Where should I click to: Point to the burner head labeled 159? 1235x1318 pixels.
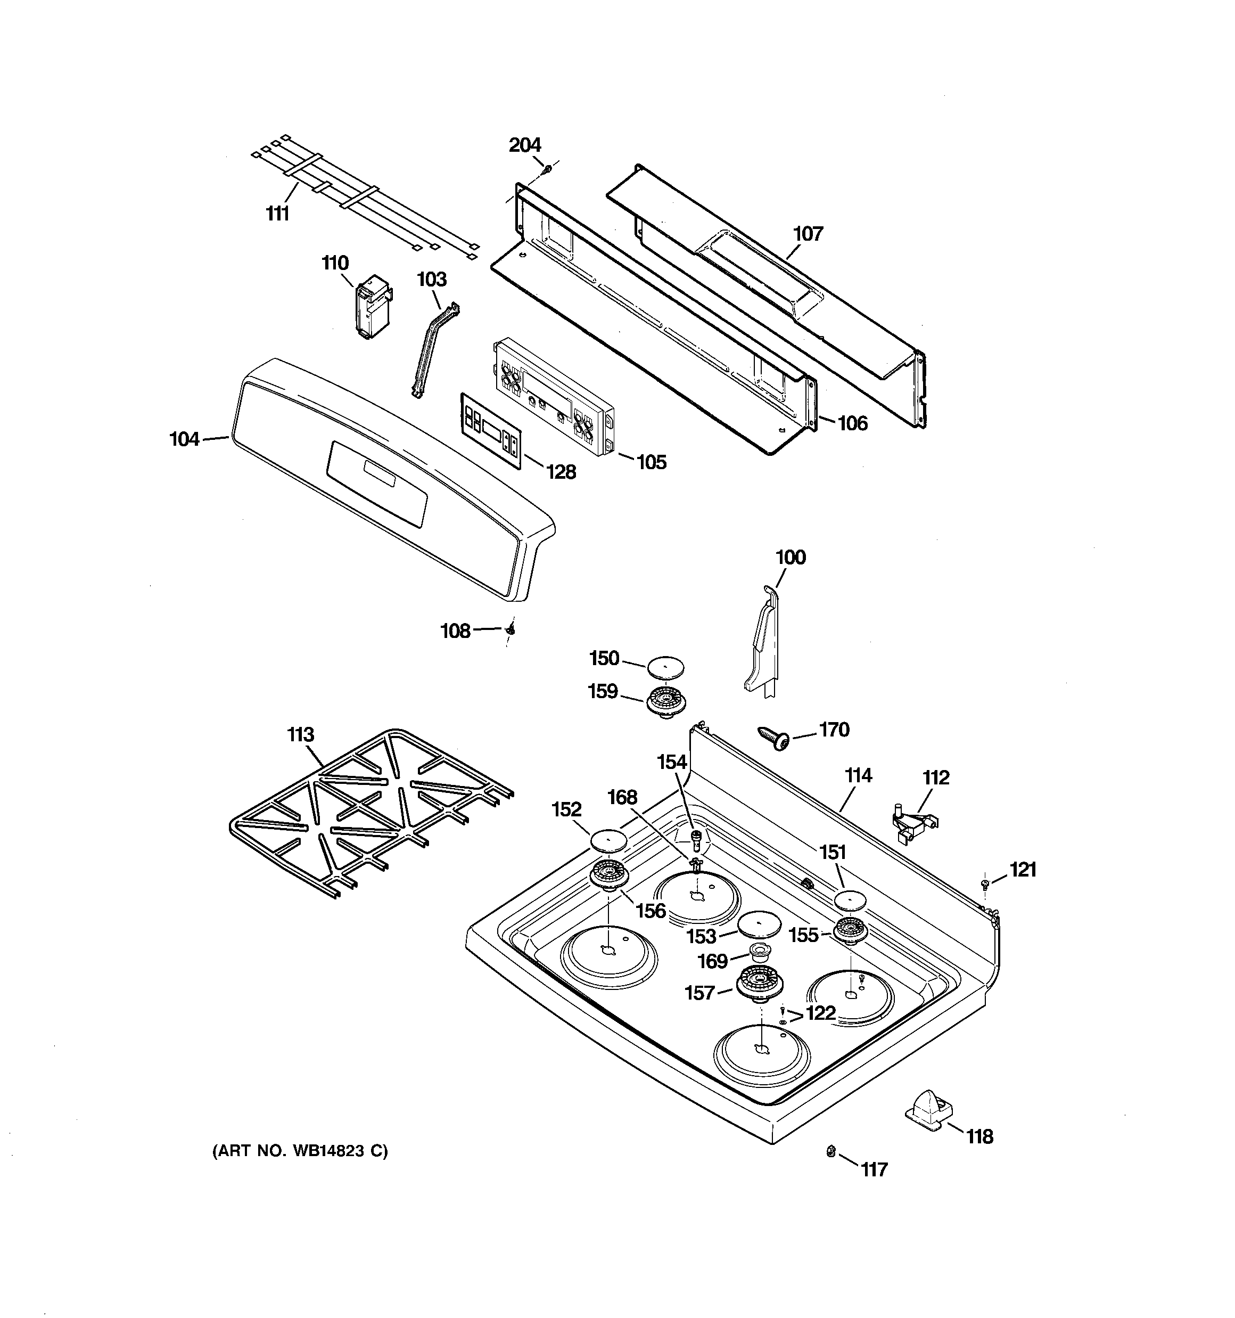(x=665, y=698)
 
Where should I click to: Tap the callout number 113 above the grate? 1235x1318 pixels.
(x=300, y=734)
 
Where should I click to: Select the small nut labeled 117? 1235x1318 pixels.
(x=829, y=1152)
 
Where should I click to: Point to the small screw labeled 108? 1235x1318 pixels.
(x=511, y=628)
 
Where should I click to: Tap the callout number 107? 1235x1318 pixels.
(x=808, y=233)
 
